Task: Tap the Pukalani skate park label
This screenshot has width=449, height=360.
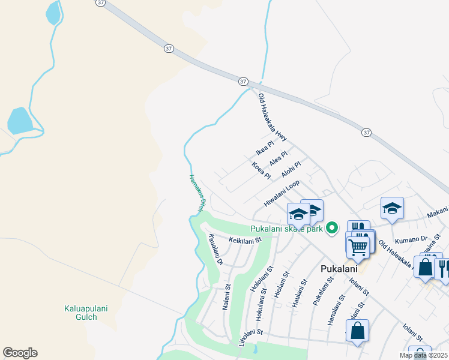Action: click(x=287, y=229)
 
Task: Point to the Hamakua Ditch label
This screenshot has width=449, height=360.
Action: click(x=194, y=193)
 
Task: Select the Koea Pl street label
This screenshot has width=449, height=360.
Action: click(x=262, y=170)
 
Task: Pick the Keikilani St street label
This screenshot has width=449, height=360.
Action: click(x=246, y=241)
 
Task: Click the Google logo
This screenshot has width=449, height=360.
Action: click(x=20, y=353)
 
